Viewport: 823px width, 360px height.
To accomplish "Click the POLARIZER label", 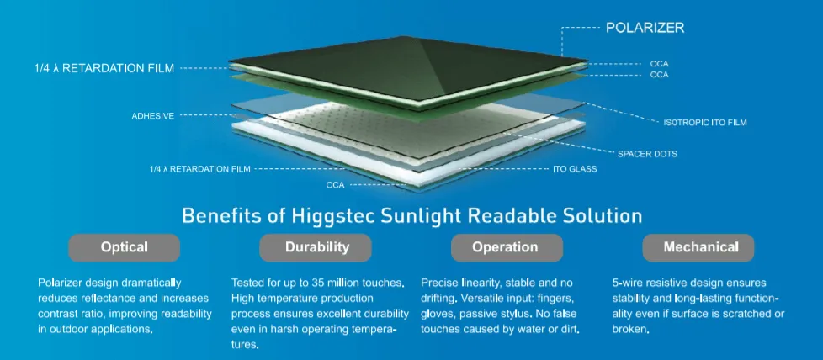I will pyautogui.click(x=645, y=28).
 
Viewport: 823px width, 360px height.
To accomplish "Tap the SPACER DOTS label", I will pyautogui.click(x=647, y=154).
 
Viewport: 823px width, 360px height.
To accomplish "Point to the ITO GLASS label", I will pyautogui.click(x=575, y=169).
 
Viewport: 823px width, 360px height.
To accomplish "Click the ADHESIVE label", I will pyautogui.click(x=152, y=116).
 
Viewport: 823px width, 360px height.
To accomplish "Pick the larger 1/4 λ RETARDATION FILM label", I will pyautogui.click(x=98, y=69).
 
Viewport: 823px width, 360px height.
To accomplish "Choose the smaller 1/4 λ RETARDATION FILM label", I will pyautogui.click(x=201, y=169).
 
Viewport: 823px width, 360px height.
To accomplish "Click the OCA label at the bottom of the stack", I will pyautogui.click(x=336, y=183).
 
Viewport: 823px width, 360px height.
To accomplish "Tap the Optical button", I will pyautogui.click(x=124, y=247).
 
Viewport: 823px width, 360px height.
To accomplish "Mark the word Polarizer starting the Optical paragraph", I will pyautogui.click(x=64, y=283).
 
